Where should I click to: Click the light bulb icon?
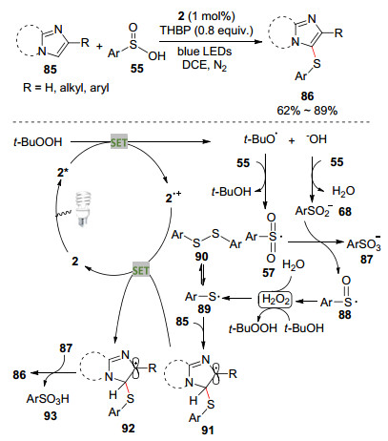(x=83, y=209)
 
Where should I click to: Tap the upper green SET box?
(x=119, y=142)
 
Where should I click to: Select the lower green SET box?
(x=141, y=270)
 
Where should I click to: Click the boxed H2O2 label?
(x=276, y=300)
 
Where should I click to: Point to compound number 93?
(x=50, y=415)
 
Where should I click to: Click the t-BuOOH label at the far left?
(x=38, y=142)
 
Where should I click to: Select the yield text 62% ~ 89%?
(x=307, y=111)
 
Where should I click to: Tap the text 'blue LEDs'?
(x=205, y=52)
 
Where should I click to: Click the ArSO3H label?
(x=48, y=399)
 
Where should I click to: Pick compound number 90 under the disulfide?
(x=201, y=257)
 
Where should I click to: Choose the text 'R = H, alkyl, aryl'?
(x=66, y=88)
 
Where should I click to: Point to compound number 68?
(x=345, y=211)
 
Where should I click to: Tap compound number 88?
(x=345, y=315)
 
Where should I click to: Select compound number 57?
(x=269, y=272)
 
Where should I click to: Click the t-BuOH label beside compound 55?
(x=231, y=192)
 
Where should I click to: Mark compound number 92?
(x=128, y=429)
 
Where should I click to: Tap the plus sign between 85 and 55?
(x=100, y=47)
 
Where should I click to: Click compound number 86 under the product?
(x=307, y=96)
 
